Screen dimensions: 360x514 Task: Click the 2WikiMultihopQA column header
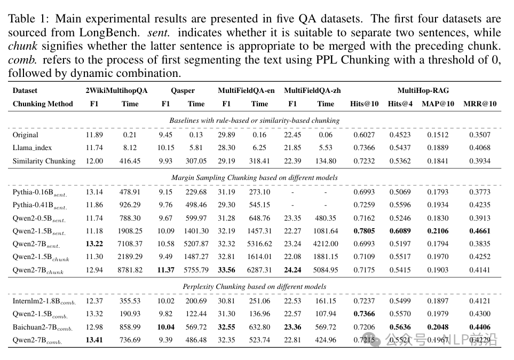click(x=116, y=90)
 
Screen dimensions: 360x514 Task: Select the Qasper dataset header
click(x=183, y=90)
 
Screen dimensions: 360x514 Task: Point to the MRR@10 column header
click(x=479, y=104)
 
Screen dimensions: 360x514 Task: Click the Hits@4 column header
click(x=400, y=104)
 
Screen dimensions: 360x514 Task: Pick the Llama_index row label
click(x=32, y=147)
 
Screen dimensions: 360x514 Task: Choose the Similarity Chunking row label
click(x=44, y=161)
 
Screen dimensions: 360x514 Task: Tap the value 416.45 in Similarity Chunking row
click(x=130, y=161)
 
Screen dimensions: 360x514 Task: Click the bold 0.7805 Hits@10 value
click(x=364, y=231)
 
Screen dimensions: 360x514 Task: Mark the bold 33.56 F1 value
click(x=227, y=270)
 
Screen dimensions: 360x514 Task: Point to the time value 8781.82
click(x=130, y=270)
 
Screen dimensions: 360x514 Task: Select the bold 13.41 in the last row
click(x=94, y=340)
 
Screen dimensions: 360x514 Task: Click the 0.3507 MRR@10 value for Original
click(x=479, y=135)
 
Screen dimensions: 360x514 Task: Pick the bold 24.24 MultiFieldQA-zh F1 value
click(x=292, y=270)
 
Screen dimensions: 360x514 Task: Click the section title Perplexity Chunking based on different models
click(x=254, y=287)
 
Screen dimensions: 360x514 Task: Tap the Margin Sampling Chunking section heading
click(x=254, y=177)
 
